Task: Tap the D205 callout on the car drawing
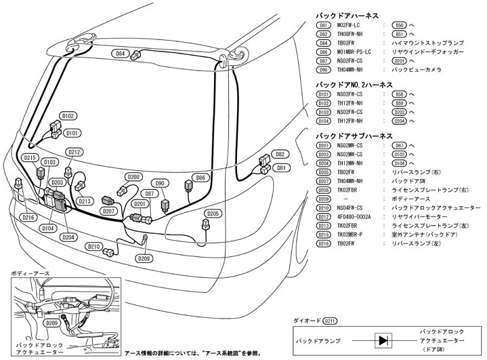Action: point(212,214)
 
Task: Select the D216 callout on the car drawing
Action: point(27,218)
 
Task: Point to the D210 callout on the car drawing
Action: point(95,246)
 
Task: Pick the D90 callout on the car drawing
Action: point(161,183)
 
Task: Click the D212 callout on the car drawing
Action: point(75,152)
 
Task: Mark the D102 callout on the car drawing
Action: point(68,116)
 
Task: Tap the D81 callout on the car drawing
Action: point(281,167)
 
